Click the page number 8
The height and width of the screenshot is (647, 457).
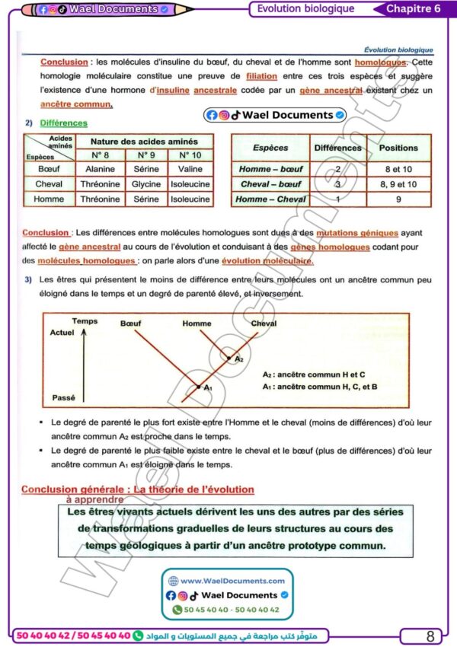[x=430, y=636]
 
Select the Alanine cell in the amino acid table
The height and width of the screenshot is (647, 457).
[x=100, y=170]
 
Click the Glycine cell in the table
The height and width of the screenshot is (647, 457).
[x=146, y=184]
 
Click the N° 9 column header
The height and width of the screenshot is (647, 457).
[x=146, y=155]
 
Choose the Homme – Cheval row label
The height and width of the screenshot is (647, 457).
[x=270, y=199]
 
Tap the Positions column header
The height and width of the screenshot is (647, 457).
[x=398, y=148]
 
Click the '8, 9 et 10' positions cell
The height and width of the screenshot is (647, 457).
[x=398, y=184]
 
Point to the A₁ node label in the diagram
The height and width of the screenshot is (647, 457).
[x=209, y=388]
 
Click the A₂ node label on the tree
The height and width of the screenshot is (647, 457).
[x=239, y=359]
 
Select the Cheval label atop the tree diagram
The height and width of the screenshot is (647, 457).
[x=264, y=323]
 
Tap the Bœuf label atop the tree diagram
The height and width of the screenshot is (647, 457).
[x=131, y=323]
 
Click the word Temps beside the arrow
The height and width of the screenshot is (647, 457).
[x=85, y=321]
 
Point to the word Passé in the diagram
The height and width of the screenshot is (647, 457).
[x=63, y=397]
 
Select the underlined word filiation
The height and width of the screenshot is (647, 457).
[x=262, y=77]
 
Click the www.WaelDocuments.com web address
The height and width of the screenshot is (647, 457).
[x=228, y=581]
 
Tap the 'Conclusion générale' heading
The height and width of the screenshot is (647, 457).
[x=137, y=489]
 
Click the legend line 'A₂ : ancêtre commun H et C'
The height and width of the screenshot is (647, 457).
[x=314, y=374]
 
